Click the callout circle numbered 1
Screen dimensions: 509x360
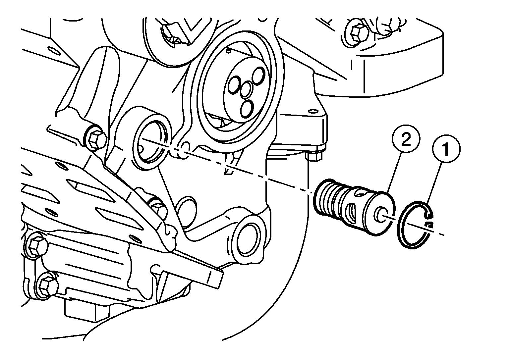coord(446,149)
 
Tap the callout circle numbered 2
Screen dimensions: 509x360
coord(406,139)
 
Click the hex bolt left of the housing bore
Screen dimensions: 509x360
coord(95,139)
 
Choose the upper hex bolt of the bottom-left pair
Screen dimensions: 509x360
coord(37,246)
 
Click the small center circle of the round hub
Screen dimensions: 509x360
coord(246,90)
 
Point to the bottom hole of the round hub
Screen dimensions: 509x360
coord(247,109)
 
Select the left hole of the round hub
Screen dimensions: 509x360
coord(234,84)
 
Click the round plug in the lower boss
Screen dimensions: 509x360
coord(248,241)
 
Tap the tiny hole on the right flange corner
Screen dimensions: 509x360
coord(313,111)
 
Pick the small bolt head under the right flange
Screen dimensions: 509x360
coord(314,156)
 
